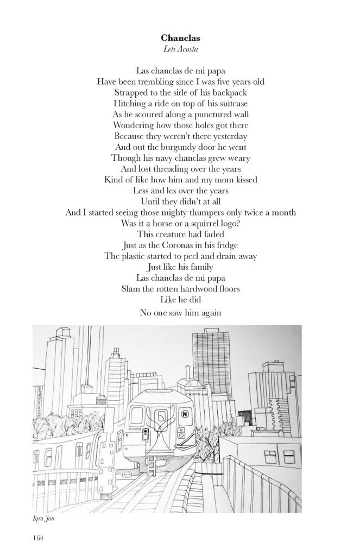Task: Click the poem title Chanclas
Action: click(x=180, y=38)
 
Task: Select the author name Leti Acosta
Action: click(x=180, y=49)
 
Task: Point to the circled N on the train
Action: click(x=184, y=414)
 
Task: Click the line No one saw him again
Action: click(x=180, y=313)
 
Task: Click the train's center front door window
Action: click(x=161, y=418)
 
